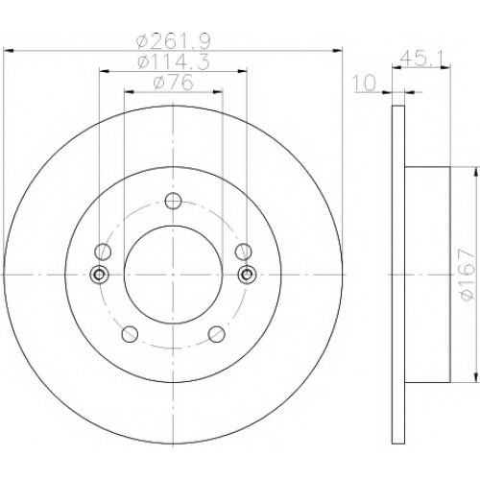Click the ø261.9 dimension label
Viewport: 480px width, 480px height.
point(173,41)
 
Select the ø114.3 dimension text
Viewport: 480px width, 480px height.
point(173,61)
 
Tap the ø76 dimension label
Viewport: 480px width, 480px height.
point(173,83)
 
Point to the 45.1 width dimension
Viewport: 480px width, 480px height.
point(421,59)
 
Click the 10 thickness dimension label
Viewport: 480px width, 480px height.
point(365,83)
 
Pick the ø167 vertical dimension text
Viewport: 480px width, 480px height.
point(467,275)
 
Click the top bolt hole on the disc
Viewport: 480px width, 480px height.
point(173,201)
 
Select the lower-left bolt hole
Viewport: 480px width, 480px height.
point(131,334)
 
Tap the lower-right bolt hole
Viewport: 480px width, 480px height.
point(216,334)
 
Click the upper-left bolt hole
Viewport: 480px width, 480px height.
point(103,252)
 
